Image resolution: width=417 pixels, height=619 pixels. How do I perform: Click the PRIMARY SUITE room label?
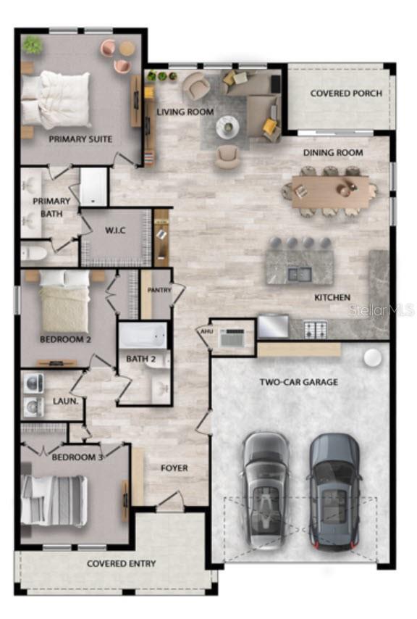[80, 138]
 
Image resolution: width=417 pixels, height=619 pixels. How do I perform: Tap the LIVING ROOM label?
[185, 112]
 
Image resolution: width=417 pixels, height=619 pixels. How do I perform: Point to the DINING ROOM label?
[333, 153]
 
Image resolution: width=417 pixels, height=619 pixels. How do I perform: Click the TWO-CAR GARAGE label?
[298, 381]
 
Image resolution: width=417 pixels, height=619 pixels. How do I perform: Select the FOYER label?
[174, 468]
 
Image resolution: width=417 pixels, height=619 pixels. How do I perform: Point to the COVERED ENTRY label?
[121, 563]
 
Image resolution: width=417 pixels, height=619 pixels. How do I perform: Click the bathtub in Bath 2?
[143, 336]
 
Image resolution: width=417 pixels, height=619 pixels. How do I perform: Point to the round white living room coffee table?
[227, 127]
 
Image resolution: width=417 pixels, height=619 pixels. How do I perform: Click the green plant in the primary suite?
[33, 45]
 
